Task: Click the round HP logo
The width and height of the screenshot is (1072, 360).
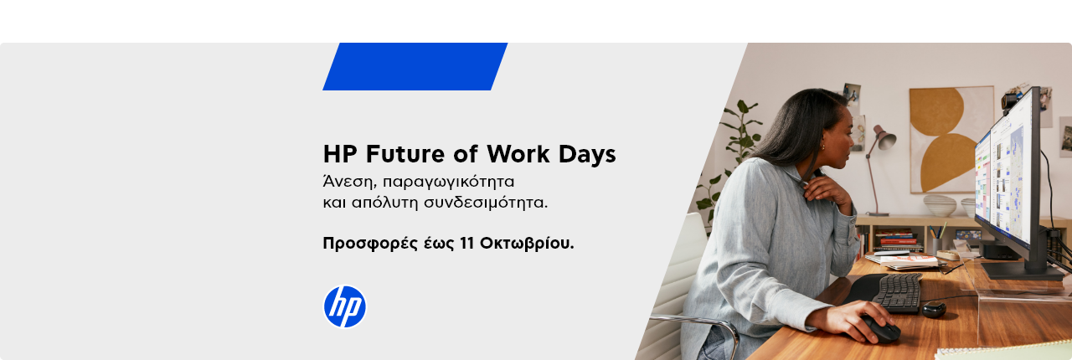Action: [x=344, y=306]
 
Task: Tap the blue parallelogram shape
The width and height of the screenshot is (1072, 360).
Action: [x=415, y=66]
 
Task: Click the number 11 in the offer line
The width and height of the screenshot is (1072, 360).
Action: [x=466, y=243]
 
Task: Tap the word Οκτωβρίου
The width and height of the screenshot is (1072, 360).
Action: [x=527, y=243]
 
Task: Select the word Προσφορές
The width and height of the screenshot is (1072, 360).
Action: [x=370, y=243]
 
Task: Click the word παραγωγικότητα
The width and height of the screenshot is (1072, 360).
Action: [x=448, y=182]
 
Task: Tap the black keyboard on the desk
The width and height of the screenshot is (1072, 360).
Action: [x=897, y=292]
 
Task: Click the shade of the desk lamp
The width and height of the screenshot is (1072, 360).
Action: [x=884, y=138]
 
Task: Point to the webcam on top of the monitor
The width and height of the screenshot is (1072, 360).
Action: [x=1011, y=101]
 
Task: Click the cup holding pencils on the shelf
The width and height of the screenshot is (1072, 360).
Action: [x=936, y=245]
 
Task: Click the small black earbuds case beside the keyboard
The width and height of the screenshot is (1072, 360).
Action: [x=934, y=309]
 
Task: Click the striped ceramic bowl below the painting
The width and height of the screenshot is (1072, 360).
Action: [x=940, y=205]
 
